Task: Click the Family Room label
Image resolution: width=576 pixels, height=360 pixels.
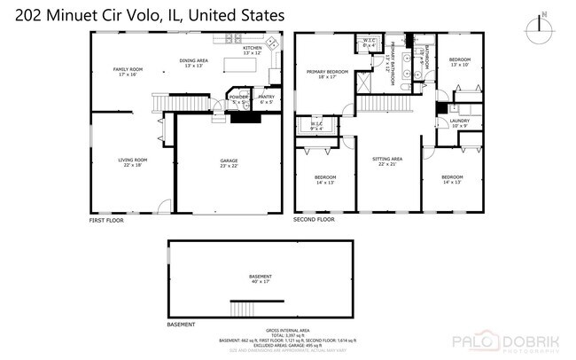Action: point(127,71)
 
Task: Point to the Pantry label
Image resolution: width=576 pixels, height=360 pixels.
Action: point(266,98)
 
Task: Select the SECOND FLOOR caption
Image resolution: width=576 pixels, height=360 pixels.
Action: point(314,219)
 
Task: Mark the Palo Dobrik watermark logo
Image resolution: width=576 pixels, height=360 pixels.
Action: point(506,341)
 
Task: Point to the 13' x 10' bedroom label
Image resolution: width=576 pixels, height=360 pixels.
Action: point(459,62)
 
